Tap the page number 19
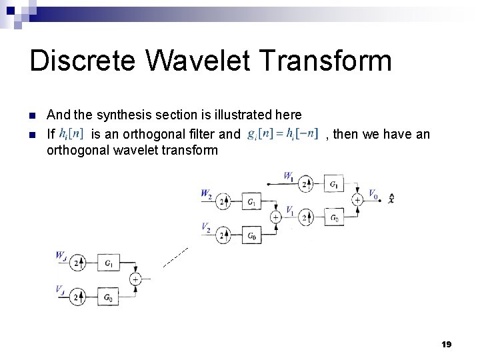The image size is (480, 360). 447,344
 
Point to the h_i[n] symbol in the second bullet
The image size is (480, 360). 71,134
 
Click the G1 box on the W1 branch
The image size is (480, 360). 333,183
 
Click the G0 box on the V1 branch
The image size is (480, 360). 333,217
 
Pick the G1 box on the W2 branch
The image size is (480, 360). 251,201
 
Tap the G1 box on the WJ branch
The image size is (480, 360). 108,263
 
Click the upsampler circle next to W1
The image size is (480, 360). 306,183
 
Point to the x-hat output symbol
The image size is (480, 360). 391,199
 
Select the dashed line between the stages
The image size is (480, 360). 175,257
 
